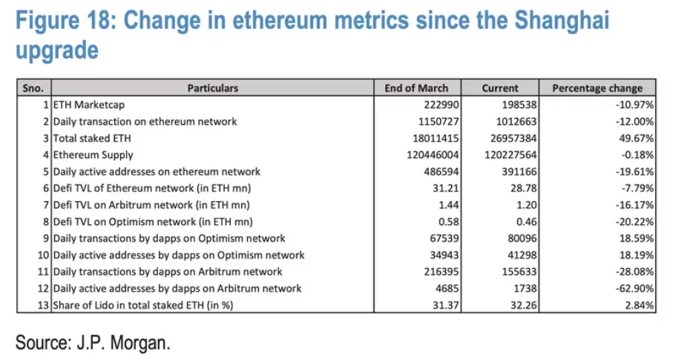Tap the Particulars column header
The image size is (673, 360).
click(213, 88)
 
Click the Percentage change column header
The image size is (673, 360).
click(597, 88)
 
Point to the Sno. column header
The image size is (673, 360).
click(33, 88)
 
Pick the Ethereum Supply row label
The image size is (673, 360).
click(93, 155)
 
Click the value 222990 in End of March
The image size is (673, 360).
click(443, 105)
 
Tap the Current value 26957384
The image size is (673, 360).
click(511, 138)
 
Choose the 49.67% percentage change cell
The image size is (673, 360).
click(637, 138)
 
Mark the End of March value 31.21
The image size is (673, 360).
click(448, 189)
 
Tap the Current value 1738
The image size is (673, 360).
click(524, 288)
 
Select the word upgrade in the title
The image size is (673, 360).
click(56, 50)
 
